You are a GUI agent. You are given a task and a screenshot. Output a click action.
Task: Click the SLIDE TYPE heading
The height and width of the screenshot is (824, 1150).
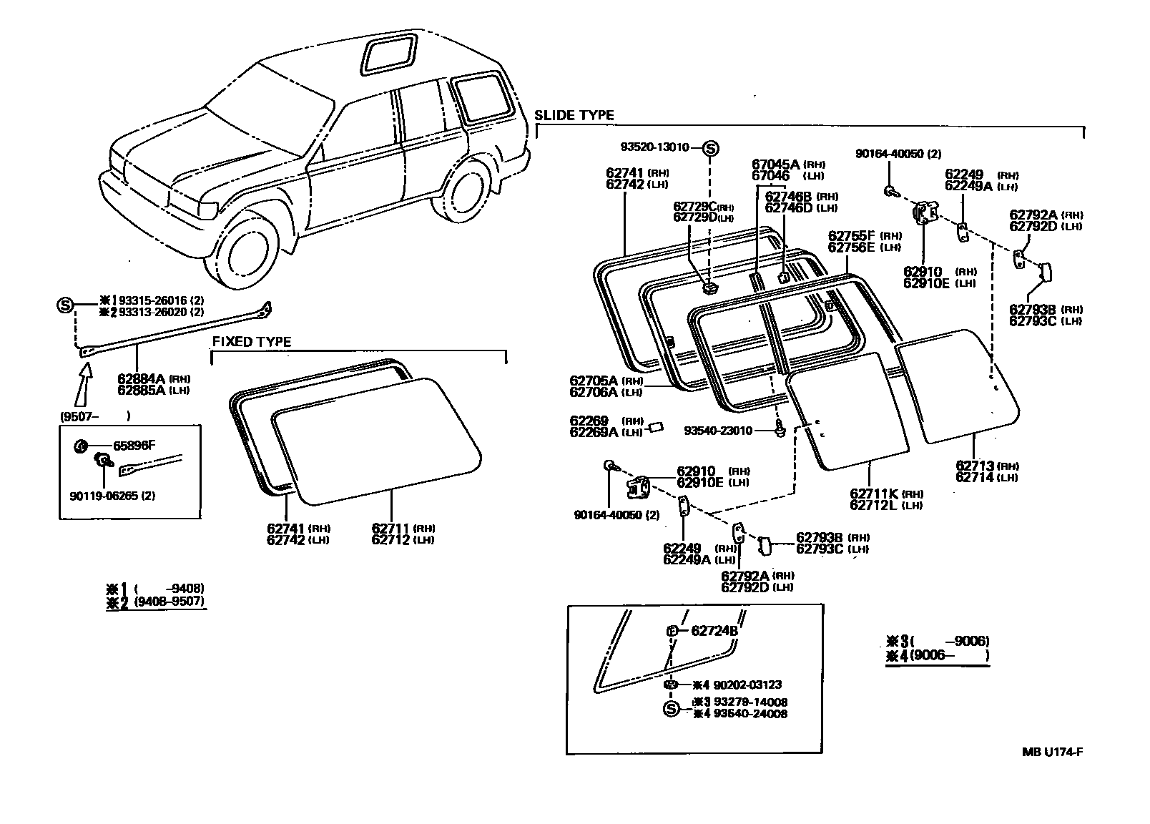point(574,115)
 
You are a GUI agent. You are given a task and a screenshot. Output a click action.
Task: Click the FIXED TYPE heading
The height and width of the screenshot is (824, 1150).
point(252,342)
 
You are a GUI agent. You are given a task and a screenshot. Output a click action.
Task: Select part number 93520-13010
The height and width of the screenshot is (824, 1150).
point(654,147)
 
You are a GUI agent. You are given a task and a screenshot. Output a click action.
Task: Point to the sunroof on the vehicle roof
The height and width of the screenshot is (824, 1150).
point(390,54)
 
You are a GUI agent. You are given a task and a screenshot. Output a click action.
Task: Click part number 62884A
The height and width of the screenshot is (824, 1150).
point(141,378)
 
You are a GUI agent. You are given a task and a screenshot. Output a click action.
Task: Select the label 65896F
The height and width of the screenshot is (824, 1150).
point(134,445)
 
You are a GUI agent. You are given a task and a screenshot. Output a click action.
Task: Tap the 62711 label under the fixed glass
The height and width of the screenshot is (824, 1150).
point(390,528)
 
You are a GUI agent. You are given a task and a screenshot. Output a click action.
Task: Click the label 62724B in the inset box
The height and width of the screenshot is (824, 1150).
point(714,631)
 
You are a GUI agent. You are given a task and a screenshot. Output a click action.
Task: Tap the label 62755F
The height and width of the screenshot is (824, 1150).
point(851,235)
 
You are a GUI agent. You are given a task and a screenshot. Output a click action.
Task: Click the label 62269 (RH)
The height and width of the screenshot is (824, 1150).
point(589,421)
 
